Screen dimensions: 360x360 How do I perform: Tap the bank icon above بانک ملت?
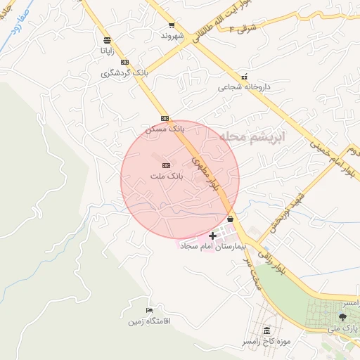(166, 165)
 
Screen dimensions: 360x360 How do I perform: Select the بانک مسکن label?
(165, 129)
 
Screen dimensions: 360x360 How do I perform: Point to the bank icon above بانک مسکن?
(165, 118)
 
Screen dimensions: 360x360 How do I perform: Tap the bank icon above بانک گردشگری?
(124, 63)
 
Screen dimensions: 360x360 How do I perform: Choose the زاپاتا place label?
(106, 51)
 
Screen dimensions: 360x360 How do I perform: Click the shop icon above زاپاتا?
(106, 40)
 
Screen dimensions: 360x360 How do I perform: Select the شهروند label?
(172, 34)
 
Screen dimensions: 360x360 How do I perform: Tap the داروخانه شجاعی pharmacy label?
(244, 88)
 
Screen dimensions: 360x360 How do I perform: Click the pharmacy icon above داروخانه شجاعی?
(244, 77)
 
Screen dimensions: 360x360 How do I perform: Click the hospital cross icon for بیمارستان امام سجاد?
(213, 236)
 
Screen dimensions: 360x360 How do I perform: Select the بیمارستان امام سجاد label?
(211, 247)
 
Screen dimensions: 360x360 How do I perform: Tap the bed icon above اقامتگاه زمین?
(148, 310)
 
